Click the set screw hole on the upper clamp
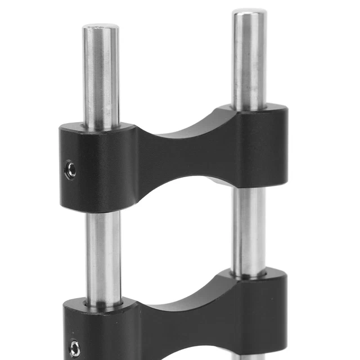(71, 169)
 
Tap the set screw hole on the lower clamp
(74, 348)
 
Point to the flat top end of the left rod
(101, 27)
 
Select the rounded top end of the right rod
(249, 12)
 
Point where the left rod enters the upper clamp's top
(101, 127)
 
